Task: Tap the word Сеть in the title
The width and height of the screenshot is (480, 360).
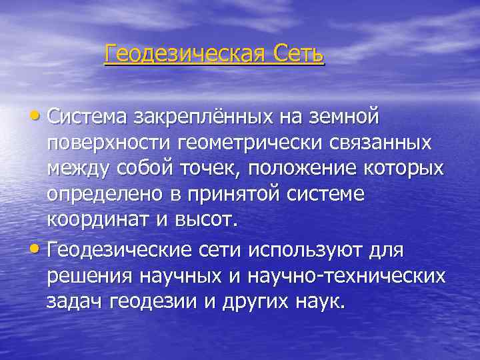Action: click(x=298, y=53)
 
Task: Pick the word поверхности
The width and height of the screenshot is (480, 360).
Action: click(x=107, y=143)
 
